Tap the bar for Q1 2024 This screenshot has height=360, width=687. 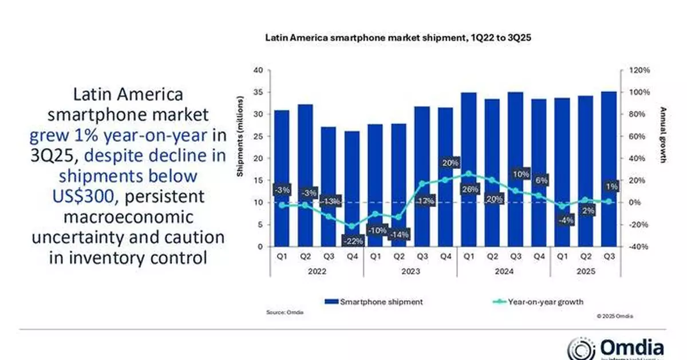tap(468, 169)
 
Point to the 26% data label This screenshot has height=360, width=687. tap(468, 189)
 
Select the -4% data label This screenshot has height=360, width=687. tap(562, 220)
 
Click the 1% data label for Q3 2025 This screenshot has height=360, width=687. tap(609, 186)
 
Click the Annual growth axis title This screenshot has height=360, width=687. tap(664, 134)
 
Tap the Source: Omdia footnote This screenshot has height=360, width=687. tap(285, 312)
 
